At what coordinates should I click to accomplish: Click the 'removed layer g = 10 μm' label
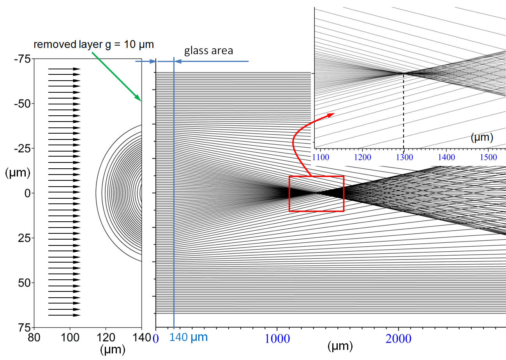[93, 44]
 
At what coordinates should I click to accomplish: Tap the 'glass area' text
[208, 51]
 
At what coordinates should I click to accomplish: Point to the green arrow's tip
[141, 101]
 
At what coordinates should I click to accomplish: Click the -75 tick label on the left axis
[22, 59]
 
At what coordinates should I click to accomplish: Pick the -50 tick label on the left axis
[22, 104]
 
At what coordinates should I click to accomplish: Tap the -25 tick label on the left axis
[22, 148]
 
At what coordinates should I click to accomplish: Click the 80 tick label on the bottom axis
[34, 338]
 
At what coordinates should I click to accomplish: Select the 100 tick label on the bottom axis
[70, 338]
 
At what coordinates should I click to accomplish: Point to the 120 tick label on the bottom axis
[106, 338]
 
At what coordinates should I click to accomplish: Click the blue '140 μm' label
[189, 337]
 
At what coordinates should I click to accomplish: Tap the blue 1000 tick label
[277, 339]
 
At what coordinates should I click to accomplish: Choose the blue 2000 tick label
[398, 339]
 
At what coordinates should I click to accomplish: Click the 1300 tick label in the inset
[404, 157]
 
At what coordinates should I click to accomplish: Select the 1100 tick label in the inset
[321, 157]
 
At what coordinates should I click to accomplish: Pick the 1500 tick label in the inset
[488, 157]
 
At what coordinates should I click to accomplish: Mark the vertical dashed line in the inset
[404, 111]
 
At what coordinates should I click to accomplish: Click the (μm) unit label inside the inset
[482, 138]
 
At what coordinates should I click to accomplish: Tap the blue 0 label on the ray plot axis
[156, 339]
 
